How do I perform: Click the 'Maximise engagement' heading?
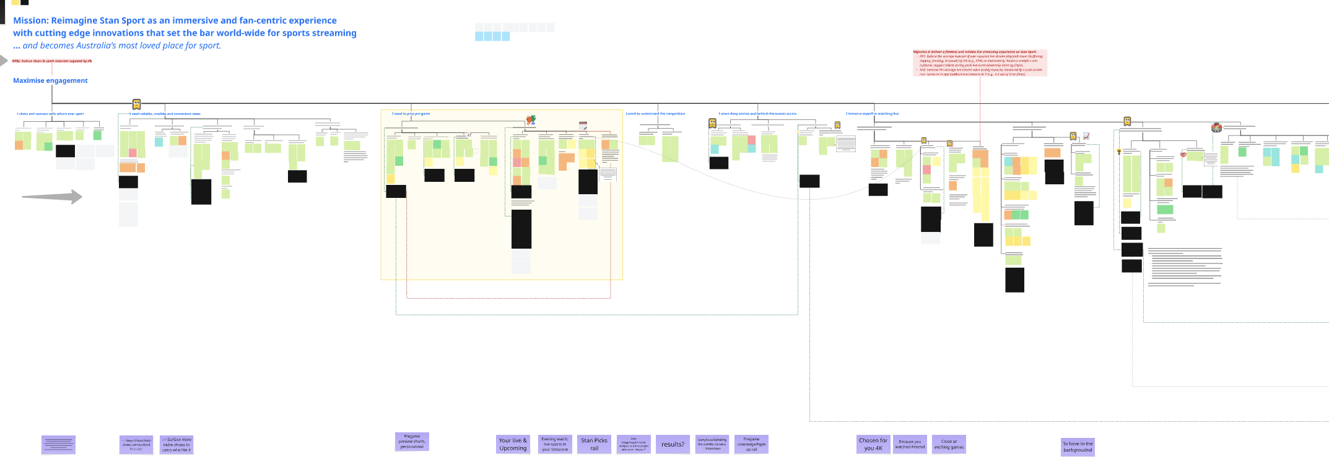50,80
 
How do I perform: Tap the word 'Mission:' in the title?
30,20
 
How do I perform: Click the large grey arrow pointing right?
52,197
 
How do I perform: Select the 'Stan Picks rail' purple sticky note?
594,444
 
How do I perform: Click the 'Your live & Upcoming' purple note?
513,444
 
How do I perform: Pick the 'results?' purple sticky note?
673,444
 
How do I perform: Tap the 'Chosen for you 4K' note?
873,444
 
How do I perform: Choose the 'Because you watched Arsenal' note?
910,444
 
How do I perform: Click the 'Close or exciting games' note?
949,444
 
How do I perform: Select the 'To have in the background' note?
1078,447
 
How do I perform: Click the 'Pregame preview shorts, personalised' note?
412,442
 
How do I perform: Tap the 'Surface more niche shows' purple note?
176,445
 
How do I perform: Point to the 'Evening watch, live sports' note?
555,444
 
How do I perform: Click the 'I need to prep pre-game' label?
411,114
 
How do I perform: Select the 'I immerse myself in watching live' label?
872,114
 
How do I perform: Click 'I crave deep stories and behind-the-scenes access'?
757,114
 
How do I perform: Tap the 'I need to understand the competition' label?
655,114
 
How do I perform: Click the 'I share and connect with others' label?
50,114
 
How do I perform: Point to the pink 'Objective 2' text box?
980,63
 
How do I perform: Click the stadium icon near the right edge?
1216,127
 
